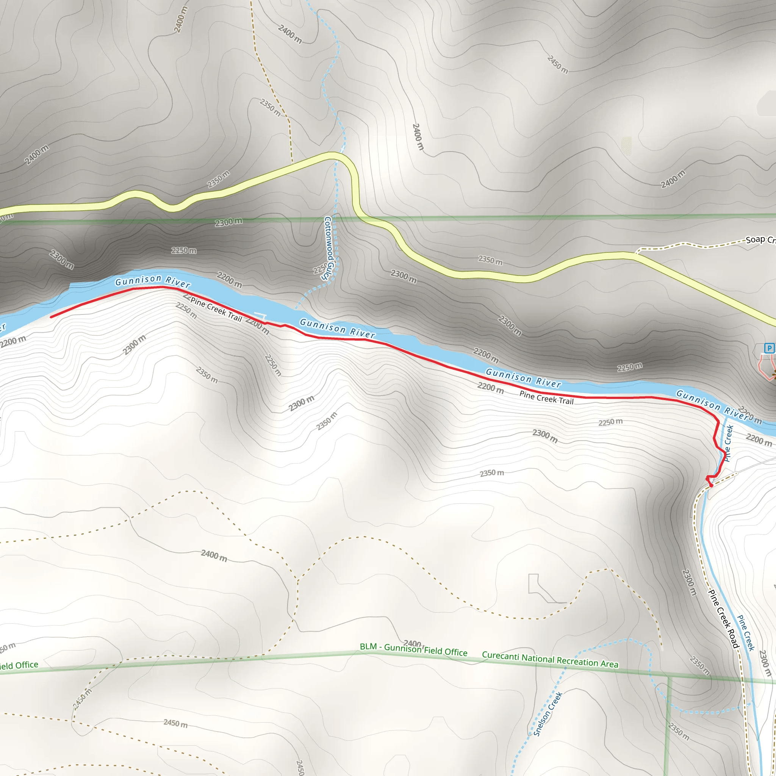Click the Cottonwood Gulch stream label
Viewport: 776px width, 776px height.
(328, 248)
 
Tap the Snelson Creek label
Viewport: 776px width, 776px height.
(548, 714)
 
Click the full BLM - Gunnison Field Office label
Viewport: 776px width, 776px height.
(413, 649)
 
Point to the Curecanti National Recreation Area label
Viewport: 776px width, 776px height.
(550, 660)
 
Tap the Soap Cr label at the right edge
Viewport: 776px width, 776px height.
(760, 240)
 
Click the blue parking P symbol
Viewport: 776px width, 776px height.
(769, 348)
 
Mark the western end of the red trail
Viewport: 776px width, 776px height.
(52, 317)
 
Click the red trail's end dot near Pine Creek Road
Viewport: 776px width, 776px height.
(711, 486)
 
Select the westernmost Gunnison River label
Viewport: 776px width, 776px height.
(153, 281)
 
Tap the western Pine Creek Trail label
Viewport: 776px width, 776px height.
(216, 309)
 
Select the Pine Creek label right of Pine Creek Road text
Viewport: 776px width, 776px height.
(746, 633)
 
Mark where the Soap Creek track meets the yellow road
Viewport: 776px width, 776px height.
(636, 253)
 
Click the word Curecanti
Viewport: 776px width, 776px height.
(501, 656)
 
